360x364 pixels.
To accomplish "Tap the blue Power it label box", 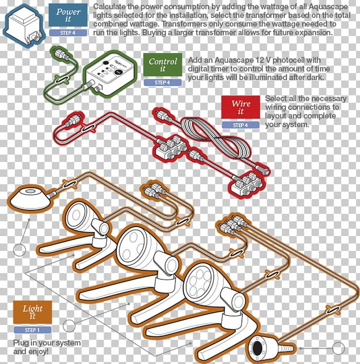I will pyautogui.click(x=68, y=15).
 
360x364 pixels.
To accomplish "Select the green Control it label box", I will pyautogui.click(x=163, y=66).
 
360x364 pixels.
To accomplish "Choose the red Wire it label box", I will pyautogui.click(x=241, y=108).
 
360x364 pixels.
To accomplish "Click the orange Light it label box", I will pyautogui.click(x=33, y=312).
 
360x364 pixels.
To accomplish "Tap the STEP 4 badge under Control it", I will pyautogui.click(x=162, y=82).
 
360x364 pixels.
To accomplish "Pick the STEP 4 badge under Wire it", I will pyautogui.click(x=241, y=125).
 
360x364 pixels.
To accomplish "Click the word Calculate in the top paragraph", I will pyautogui.click(x=110, y=7).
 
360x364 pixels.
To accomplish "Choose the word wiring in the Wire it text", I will pyautogui.click(x=277, y=107).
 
